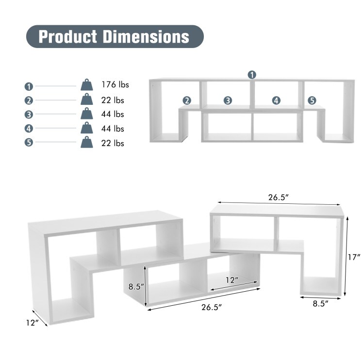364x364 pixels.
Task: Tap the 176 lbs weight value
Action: coord(116,85)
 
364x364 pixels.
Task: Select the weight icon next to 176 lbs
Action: coord(87,85)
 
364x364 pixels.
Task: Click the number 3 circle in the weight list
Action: coord(29,116)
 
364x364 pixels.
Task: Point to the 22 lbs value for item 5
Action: coord(113,143)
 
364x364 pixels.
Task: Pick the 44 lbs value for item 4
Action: coord(113,129)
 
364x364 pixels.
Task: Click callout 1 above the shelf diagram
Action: coord(252,74)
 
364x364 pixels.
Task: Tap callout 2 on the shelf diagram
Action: coord(187,100)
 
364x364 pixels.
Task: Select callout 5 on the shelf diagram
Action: coord(312,100)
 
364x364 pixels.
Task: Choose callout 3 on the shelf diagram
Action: coord(228,100)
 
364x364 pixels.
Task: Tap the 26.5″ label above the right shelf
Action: coord(278,198)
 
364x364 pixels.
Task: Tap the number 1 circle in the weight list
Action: coord(29,86)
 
